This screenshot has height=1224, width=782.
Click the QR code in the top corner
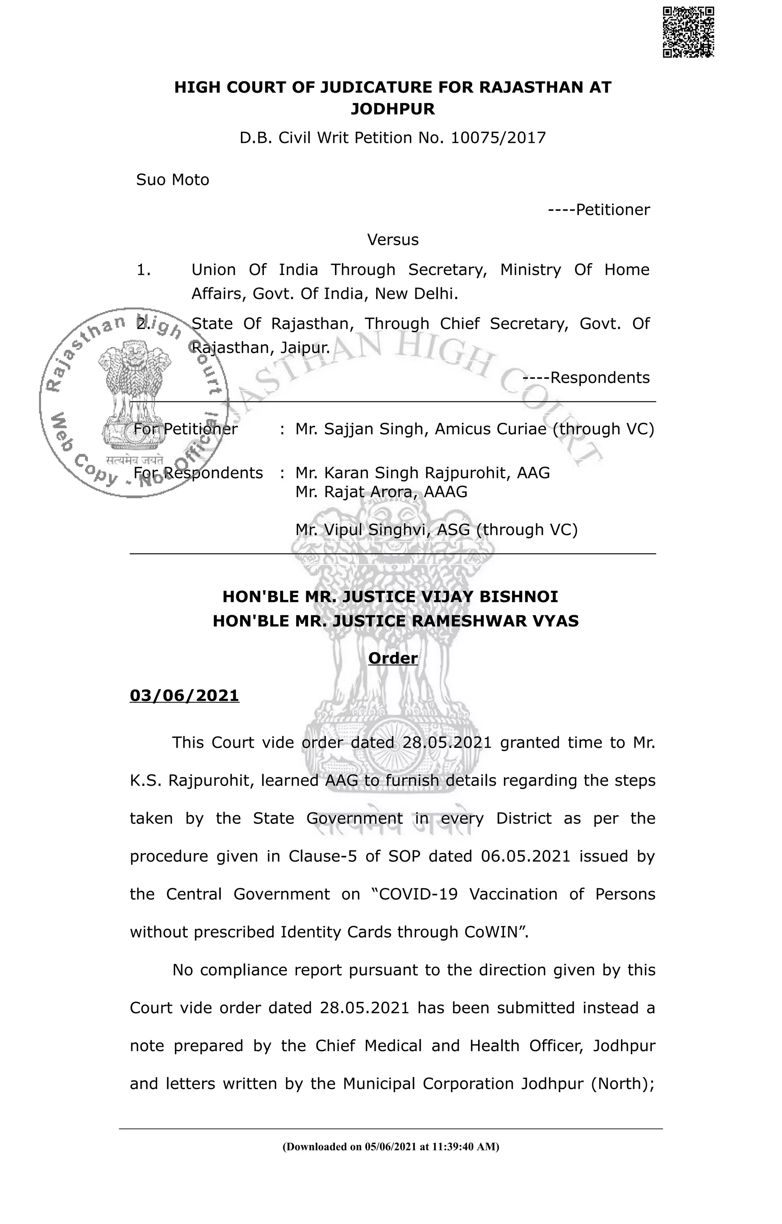pos(688,32)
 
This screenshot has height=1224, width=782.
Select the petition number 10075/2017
pos(498,138)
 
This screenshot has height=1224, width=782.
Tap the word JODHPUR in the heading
pos(393,109)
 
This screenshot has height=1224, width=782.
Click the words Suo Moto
pos(173,180)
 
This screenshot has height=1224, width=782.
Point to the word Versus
pos(393,239)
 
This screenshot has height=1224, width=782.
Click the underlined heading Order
pos(393,658)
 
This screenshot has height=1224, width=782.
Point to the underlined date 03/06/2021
pos(184,695)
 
